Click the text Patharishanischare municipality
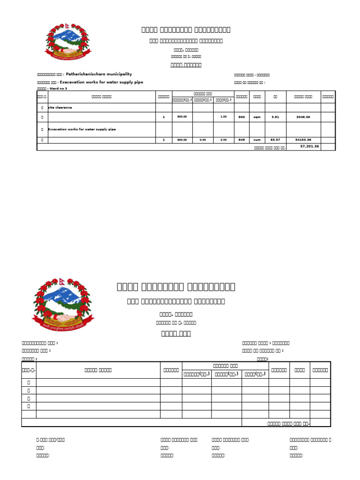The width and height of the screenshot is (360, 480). click(x=99, y=74)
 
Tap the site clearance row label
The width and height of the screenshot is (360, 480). click(x=60, y=107)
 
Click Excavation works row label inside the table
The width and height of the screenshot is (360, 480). click(x=82, y=129)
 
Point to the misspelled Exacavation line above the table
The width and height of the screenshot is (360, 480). click(x=101, y=82)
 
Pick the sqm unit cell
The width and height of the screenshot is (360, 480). click(x=257, y=117)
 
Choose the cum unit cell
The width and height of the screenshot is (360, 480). click(x=257, y=140)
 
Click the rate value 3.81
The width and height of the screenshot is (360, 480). click(x=275, y=117)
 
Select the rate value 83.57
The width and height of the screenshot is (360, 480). click(x=275, y=140)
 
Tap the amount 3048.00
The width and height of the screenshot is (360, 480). click(x=303, y=117)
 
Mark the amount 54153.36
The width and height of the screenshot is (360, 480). click(x=303, y=140)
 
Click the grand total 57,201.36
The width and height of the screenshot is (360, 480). click(x=310, y=146)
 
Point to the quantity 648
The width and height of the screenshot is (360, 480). click(x=241, y=140)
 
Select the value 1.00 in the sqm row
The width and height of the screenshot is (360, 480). click(x=224, y=117)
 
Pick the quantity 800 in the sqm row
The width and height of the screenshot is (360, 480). click(x=241, y=117)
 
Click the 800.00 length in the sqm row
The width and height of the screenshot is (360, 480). click(x=182, y=117)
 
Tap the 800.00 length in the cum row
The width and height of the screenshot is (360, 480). click(x=182, y=140)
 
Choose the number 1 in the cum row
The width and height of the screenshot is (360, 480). click(x=164, y=140)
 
